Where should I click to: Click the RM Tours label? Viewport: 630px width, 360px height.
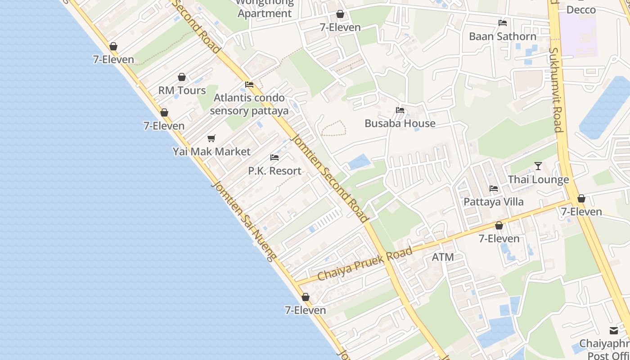pyautogui.click(x=182, y=90)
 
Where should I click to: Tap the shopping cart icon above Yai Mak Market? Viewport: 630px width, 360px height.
pyautogui.click(x=211, y=138)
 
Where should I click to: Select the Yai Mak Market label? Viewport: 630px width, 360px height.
pyautogui.click(x=211, y=152)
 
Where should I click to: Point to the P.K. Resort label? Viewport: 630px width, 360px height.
pyautogui.click(x=274, y=171)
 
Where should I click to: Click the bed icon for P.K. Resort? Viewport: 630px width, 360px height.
pyautogui.click(x=274, y=157)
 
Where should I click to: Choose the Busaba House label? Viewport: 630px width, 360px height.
pyautogui.click(x=400, y=123)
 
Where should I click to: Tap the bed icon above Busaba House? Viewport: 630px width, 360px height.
pyautogui.click(x=400, y=110)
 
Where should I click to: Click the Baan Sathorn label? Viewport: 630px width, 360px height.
pyautogui.click(x=503, y=36)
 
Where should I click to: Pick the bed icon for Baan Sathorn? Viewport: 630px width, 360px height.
pyautogui.click(x=503, y=23)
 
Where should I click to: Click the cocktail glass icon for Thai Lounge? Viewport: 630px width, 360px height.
pyautogui.click(x=538, y=166)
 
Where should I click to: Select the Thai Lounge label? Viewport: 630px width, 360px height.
pyautogui.click(x=538, y=180)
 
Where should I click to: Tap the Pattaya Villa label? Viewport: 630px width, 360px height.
pyautogui.click(x=494, y=202)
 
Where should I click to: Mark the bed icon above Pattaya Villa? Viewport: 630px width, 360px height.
pyautogui.click(x=494, y=189)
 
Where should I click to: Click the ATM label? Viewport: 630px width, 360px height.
pyautogui.click(x=443, y=257)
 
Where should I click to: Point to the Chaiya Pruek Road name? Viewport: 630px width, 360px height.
pyautogui.click(x=365, y=264)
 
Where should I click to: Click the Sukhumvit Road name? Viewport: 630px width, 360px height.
pyautogui.click(x=556, y=90)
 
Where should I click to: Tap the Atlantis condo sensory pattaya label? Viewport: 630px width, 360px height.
pyautogui.click(x=249, y=104)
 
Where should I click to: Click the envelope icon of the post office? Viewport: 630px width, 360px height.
pyautogui.click(x=614, y=331)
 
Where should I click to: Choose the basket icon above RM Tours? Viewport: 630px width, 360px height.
pyautogui.click(x=182, y=77)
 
